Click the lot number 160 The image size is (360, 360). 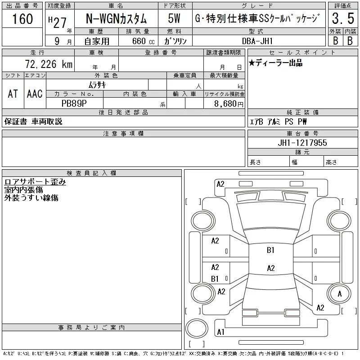[x=22, y=19]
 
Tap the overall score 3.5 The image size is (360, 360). [x=343, y=18]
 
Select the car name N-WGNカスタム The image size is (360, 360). [x=116, y=18]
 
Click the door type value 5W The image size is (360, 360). [x=174, y=18]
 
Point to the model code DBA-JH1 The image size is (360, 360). [x=257, y=41]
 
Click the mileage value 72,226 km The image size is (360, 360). [x=49, y=64]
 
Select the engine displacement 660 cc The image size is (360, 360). [x=143, y=41]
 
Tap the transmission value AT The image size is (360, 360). [x=13, y=94]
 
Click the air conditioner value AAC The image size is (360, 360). [x=35, y=94]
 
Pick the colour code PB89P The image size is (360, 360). [x=74, y=103]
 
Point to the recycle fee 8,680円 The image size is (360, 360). [x=229, y=104]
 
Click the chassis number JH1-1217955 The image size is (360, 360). [x=302, y=143]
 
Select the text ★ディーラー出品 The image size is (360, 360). [x=275, y=63]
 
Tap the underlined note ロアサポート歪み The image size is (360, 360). [x=35, y=182]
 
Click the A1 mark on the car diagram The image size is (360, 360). [x=220, y=332]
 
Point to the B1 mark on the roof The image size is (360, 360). [x=270, y=250]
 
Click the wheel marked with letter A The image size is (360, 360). [x=339, y=294]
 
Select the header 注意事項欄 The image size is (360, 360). [x=123, y=133]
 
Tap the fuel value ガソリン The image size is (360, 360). [x=175, y=41]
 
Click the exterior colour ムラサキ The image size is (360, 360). [x=97, y=85]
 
